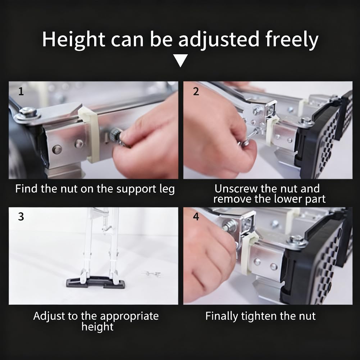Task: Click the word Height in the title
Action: point(73,40)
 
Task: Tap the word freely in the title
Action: point(292,40)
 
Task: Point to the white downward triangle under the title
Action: point(181,60)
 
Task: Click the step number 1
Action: point(21,92)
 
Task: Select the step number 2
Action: point(196,91)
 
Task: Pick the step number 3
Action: point(21,217)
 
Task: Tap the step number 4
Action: point(196,217)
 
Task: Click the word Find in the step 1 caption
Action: point(26,189)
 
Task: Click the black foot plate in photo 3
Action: point(96,282)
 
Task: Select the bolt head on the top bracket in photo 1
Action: point(28,112)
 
